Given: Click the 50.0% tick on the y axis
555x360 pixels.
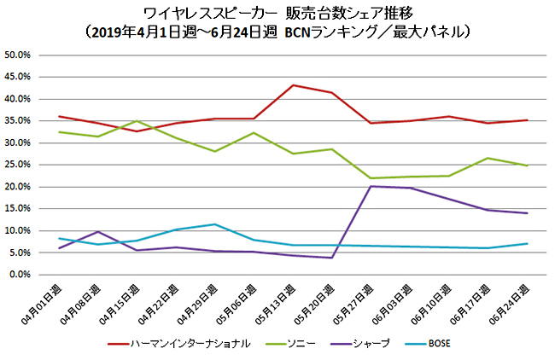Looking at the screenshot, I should pyautogui.click(x=18, y=55).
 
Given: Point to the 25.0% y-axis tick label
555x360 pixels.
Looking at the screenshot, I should pyautogui.click(x=18, y=165).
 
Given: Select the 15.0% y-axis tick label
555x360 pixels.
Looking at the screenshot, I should pyautogui.click(x=18, y=209).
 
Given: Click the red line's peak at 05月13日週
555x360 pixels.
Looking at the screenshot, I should pyautogui.click(x=293, y=85).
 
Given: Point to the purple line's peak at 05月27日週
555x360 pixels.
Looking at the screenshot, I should pyautogui.click(x=371, y=186).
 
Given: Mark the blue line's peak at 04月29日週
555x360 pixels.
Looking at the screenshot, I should pyautogui.click(x=215, y=224).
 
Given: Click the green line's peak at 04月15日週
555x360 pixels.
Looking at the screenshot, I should pyautogui.click(x=137, y=121).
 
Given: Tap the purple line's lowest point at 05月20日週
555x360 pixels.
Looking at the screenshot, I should pyautogui.click(x=331, y=258).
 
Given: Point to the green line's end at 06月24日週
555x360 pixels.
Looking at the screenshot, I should pyautogui.click(x=527, y=165).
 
